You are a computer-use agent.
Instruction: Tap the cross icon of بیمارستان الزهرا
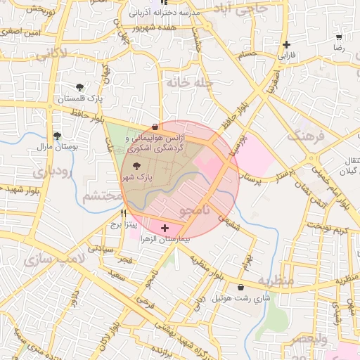[165, 228]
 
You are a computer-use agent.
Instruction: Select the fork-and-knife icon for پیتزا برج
[124, 212]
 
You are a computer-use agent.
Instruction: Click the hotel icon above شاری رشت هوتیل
[242, 287]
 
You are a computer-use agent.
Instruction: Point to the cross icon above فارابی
[286, 44]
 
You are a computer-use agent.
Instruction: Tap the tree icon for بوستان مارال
[58, 136]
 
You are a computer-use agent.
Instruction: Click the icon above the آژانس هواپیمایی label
[155, 127]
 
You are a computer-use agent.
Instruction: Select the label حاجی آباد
[243, 9]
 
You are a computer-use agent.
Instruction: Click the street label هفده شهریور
[157, 27]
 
